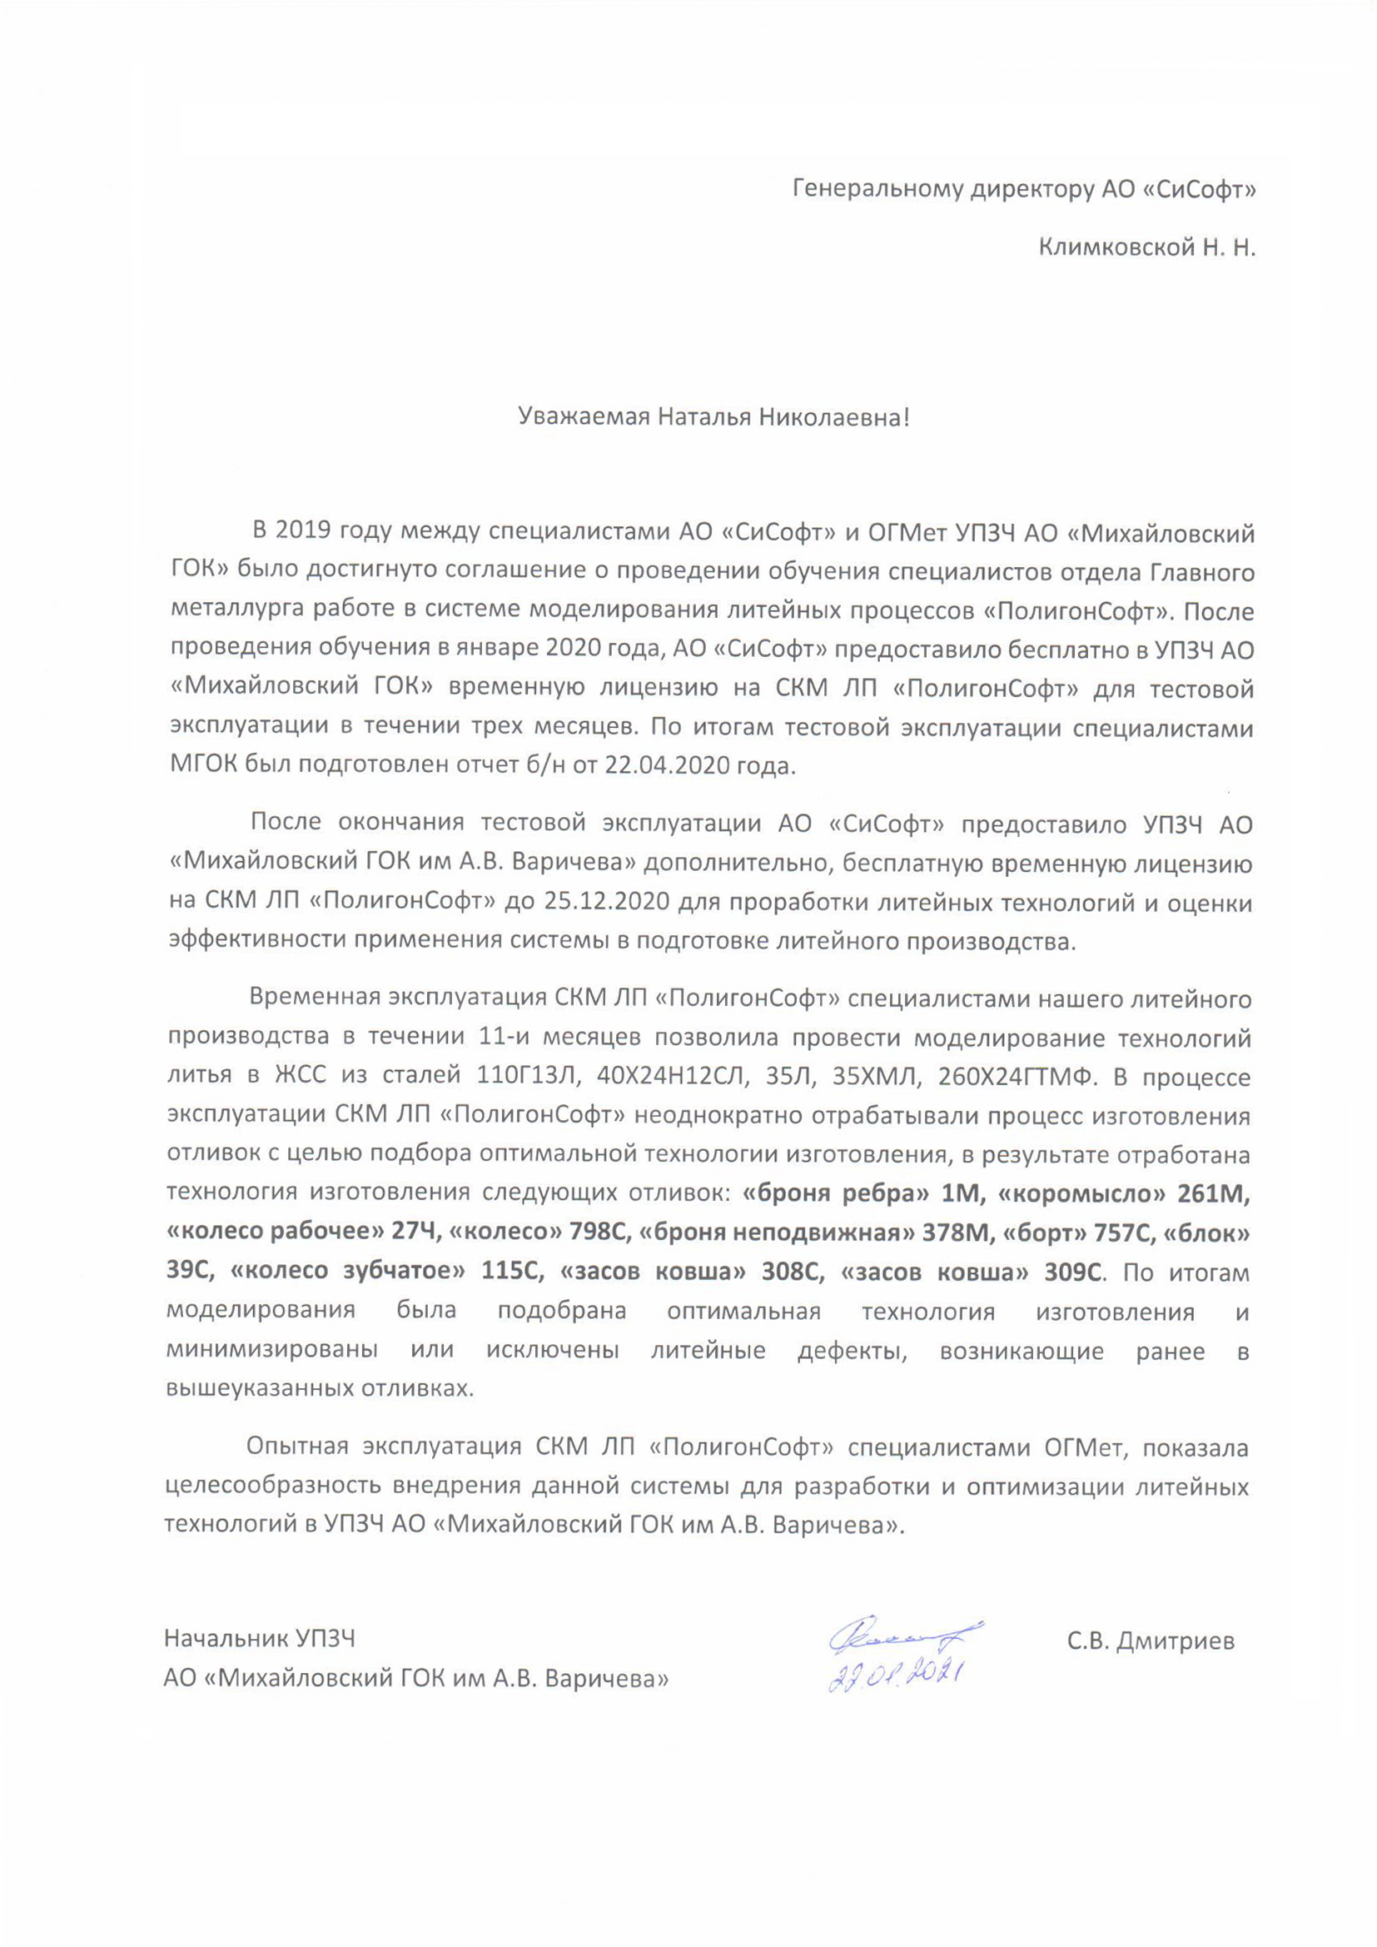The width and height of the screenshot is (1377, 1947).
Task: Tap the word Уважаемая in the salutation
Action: coord(584,417)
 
